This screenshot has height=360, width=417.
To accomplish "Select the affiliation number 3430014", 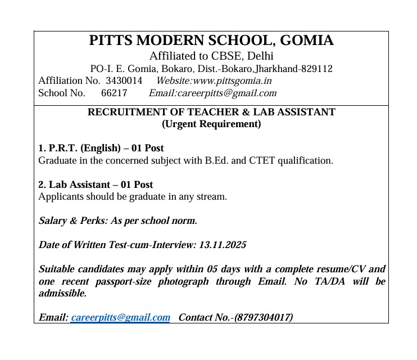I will [x=124, y=81].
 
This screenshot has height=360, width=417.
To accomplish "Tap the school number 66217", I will [x=114, y=93].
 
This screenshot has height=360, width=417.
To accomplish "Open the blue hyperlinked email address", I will [x=120, y=317].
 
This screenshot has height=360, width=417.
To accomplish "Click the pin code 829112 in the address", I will [x=317, y=69].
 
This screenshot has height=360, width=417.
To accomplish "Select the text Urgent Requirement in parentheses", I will [x=211, y=124].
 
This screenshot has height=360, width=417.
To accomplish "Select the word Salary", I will [x=53, y=220].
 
